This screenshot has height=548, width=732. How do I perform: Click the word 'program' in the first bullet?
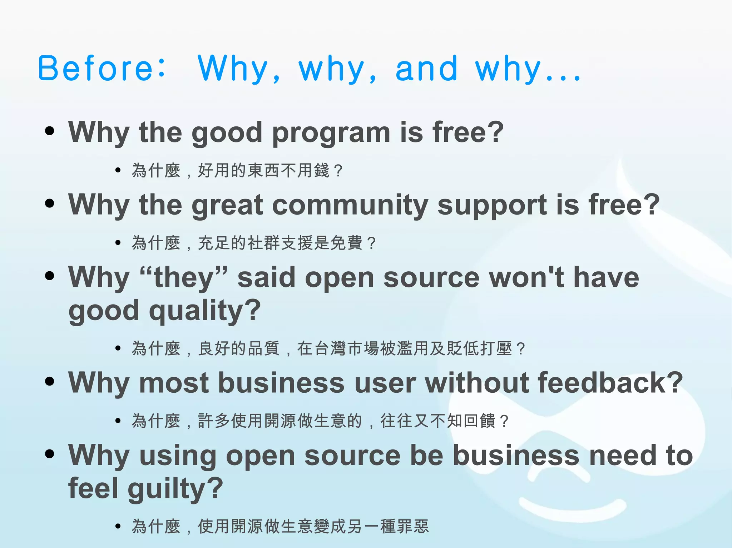[x=331, y=133]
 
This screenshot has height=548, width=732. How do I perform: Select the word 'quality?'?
[x=205, y=311]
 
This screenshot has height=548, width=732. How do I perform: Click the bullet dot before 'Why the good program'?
[x=50, y=131]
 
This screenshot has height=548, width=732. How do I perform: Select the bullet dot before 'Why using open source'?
[x=50, y=454]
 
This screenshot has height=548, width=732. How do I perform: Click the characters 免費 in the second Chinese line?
[x=346, y=243]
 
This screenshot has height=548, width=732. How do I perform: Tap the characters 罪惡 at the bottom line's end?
[x=413, y=526]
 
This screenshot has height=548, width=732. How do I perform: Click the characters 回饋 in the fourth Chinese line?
[x=479, y=421]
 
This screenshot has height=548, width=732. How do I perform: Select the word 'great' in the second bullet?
[x=228, y=206]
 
